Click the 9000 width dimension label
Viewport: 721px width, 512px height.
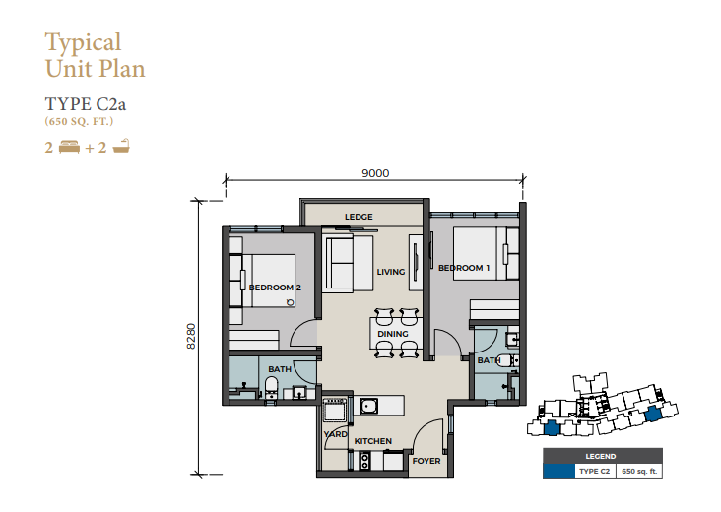tap(375, 173)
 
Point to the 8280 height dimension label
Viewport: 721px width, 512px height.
tap(191, 337)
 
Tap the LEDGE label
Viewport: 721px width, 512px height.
tap(359, 217)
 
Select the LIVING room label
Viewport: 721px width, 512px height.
tap(391, 272)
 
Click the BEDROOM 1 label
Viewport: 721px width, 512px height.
tap(464, 268)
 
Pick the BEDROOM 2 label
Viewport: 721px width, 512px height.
tap(275, 288)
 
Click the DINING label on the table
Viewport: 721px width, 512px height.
tap(393, 334)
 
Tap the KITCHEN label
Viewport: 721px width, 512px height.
tap(373, 441)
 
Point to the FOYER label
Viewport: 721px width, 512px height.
tap(426, 461)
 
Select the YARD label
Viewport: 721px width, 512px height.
tap(335, 434)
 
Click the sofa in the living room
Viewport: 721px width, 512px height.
tap(349, 263)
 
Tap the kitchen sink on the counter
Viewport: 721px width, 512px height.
tap(369, 406)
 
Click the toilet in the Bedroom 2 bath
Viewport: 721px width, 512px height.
tap(271, 388)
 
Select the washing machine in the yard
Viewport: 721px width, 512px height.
tap(335, 410)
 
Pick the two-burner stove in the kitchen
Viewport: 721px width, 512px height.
tap(365, 461)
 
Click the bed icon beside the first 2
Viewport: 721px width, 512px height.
tap(69, 147)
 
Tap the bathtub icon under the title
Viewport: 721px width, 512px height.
tap(121, 146)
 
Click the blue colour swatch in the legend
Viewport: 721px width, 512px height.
tap(558, 471)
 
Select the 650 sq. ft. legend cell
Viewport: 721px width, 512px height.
tap(639, 471)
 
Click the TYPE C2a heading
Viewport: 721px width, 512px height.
tap(86, 104)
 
